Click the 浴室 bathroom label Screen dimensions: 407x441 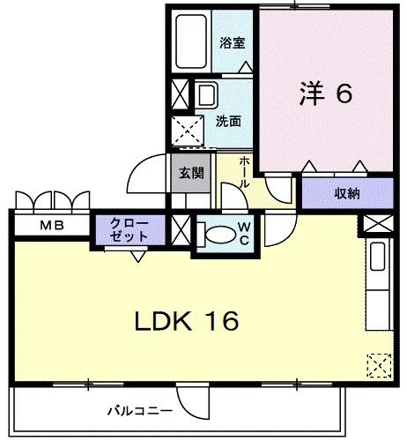232,43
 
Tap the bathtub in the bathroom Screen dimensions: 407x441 191,41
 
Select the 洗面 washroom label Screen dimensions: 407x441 228,121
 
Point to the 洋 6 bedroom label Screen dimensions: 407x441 326,94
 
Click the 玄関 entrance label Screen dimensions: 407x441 191,173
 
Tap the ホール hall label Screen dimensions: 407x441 244,172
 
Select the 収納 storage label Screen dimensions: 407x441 347,193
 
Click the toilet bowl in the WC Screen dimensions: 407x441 220,235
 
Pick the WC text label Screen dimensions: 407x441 244,234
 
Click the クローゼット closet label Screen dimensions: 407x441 129,230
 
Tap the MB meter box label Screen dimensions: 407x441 52,226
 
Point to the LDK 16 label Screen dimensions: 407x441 187,321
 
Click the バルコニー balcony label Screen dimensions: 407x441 140,411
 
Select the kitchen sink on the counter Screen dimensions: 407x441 378,257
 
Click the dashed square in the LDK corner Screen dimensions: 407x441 380,365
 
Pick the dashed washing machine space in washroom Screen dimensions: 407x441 188,131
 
